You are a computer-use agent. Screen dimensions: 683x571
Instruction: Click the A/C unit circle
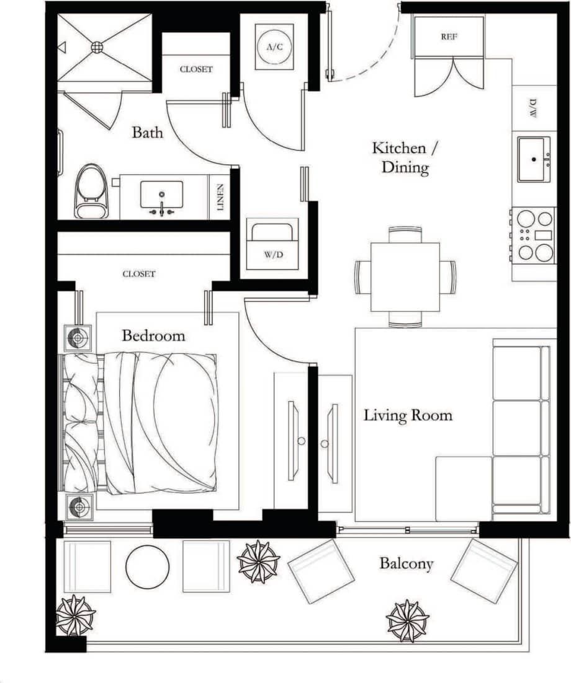[274, 47]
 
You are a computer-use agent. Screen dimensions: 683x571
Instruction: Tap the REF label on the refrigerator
[449, 37]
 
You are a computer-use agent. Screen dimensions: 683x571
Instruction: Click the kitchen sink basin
[533, 159]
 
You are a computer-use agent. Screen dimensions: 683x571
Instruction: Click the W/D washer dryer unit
[272, 244]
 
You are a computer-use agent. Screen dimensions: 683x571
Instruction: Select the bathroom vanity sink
[161, 195]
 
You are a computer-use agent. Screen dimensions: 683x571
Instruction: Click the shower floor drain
[97, 46]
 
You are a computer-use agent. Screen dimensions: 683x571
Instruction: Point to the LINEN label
[220, 197]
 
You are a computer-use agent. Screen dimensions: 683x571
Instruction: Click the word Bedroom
[153, 336]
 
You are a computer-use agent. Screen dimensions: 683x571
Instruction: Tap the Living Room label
[408, 415]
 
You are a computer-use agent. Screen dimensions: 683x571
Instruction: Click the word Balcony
[407, 564]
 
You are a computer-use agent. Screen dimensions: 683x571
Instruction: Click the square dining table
[405, 277]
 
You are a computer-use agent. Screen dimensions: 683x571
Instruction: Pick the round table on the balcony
[148, 566]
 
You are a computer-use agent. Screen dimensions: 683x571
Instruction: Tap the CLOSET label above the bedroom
[139, 274]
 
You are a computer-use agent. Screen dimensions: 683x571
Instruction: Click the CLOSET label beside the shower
[196, 69]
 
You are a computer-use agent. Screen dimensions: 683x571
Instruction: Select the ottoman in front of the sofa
[463, 488]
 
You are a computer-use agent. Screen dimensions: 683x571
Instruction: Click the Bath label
[148, 133]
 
